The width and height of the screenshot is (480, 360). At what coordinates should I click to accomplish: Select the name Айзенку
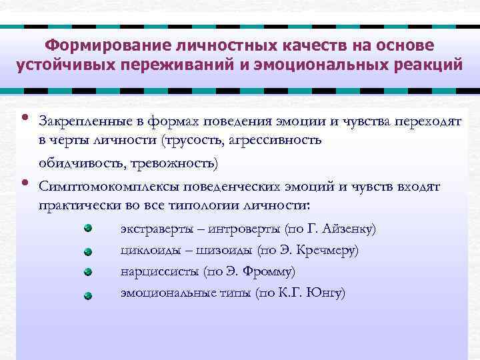tap(349, 229)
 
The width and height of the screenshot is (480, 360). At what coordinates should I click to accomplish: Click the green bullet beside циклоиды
tap(88, 251)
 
